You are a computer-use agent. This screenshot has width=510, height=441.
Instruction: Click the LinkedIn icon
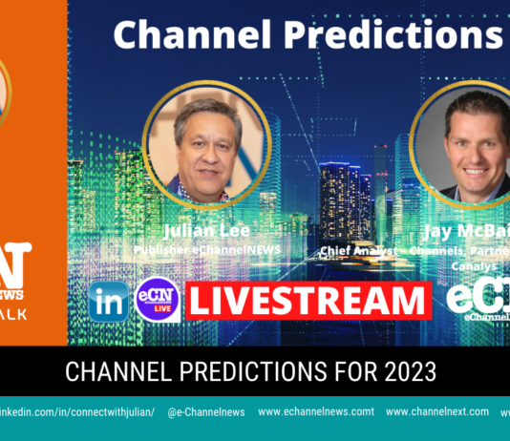(108, 302)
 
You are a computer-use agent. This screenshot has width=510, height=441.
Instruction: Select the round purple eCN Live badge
(158, 300)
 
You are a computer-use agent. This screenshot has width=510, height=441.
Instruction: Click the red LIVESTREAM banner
(308, 300)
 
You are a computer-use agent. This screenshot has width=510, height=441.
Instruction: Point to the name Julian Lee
(206, 229)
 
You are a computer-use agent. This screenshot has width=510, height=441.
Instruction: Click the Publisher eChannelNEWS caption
(206, 250)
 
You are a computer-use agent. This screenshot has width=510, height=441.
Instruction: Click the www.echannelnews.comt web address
(316, 412)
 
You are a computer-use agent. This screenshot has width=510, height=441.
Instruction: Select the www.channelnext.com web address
(439, 412)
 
